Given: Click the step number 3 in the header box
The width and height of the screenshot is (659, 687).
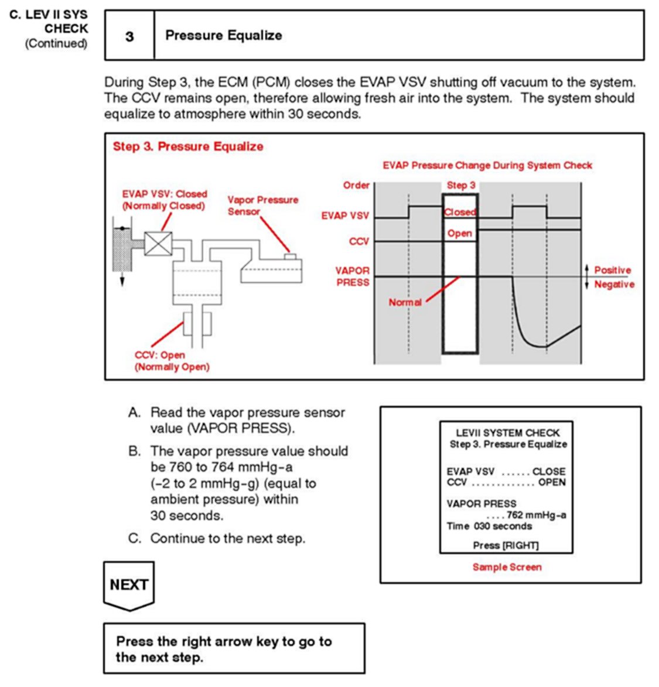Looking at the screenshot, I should tap(129, 36).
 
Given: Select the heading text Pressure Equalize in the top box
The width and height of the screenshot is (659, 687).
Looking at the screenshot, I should tap(223, 35).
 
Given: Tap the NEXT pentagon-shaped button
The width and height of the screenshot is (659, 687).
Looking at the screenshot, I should tap(129, 585).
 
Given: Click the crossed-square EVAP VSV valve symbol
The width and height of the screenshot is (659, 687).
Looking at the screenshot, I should tap(158, 244).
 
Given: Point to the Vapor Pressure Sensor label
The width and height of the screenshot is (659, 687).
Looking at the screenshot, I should tap(262, 206).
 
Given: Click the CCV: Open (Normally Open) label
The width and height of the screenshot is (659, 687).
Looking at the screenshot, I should tap(172, 361).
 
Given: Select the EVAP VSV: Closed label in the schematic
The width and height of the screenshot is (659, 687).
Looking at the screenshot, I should tap(164, 200).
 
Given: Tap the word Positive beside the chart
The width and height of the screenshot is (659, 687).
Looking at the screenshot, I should tap(612, 270).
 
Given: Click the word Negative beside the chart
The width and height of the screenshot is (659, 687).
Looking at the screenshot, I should tap(614, 284).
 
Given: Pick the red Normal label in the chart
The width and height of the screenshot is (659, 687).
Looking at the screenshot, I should tap(405, 302).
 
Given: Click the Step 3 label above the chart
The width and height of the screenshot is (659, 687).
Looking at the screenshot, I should tap(461, 185).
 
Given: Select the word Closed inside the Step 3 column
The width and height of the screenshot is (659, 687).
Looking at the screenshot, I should tap(460, 212).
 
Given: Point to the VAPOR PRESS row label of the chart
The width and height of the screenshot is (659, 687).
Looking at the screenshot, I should tap(352, 276).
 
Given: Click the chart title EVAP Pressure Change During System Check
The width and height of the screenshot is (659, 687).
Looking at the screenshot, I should tap(487, 166).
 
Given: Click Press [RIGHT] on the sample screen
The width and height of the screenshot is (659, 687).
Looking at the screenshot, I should tap(506, 545).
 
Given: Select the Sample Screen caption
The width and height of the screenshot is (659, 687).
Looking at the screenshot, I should tap(507, 567).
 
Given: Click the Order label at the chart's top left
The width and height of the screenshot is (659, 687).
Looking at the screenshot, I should tap(356, 185).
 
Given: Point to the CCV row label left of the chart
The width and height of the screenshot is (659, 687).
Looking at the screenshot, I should tap(358, 241).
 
